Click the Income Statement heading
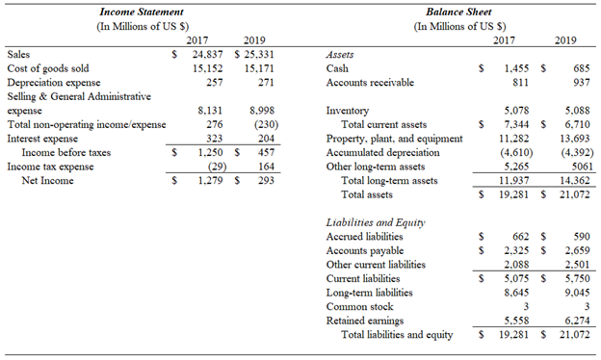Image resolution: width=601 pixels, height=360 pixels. pyautogui.click(x=143, y=11)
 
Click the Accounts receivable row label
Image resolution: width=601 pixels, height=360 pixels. pyautogui.click(x=370, y=83)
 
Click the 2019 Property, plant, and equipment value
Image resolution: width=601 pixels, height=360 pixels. pyautogui.click(x=568, y=139)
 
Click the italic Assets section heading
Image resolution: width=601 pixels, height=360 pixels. pyautogui.click(x=341, y=56)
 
